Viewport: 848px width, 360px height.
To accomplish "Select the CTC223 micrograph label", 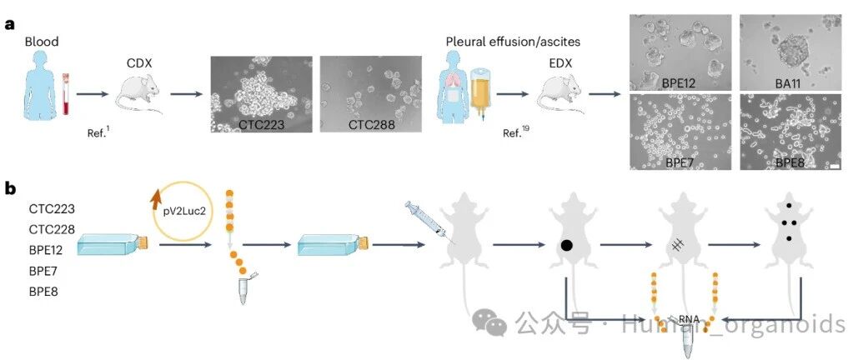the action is pos(262,125).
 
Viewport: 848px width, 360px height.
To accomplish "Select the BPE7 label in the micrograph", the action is pos(680,162).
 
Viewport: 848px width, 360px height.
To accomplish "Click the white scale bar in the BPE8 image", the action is pos(835,167).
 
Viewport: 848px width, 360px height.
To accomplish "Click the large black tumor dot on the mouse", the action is pos(567,246).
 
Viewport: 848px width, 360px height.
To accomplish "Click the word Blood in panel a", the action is pos(42,42).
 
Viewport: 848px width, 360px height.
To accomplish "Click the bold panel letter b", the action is pos(10,188).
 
